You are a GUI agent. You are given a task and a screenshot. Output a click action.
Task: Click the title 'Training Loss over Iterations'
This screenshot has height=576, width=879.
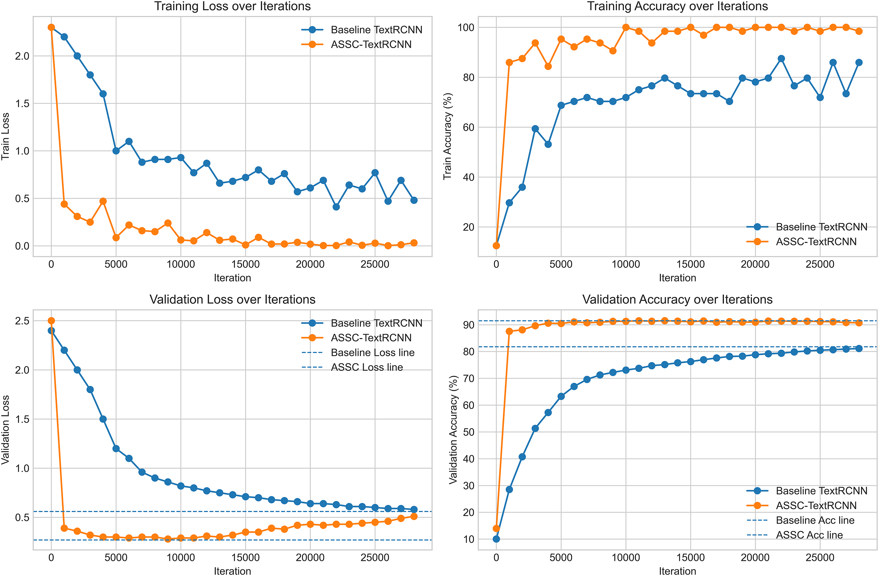pyautogui.click(x=232, y=6)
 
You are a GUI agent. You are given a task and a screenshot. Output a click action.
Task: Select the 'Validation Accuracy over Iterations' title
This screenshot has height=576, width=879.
pyautogui.click(x=677, y=299)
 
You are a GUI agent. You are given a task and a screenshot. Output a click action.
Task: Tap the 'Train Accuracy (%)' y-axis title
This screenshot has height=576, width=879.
pyautogui.click(x=447, y=136)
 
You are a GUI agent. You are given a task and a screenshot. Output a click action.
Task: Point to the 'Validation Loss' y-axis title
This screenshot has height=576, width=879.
pyautogui.click(x=5, y=430)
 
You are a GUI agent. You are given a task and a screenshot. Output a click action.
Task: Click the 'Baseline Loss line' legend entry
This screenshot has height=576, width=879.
pyautogui.click(x=372, y=352)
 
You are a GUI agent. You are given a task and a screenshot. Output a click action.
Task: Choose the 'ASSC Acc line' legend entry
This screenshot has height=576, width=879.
pyautogui.click(x=809, y=535)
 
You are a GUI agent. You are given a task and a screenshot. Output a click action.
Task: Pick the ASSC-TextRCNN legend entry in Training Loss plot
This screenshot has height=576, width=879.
pyautogui.click(x=371, y=44)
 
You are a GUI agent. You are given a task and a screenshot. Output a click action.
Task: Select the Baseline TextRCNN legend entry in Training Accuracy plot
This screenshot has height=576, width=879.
pyautogui.click(x=821, y=227)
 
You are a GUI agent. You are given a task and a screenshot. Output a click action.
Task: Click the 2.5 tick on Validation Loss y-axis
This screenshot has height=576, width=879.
pyautogui.click(x=22, y=321)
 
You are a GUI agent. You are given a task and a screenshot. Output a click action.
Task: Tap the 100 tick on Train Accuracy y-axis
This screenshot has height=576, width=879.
pyautogui.click(x=466, y=27)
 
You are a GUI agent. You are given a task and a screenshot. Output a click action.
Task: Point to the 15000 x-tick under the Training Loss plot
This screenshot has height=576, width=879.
pyautogui.click(x=245, y=264)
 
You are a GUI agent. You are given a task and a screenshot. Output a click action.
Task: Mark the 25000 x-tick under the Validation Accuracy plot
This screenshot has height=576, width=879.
pyautogui.click(x=820, y=557)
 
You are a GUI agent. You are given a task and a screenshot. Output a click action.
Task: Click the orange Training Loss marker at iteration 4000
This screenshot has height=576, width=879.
pyautogui.click(x=103, y=201)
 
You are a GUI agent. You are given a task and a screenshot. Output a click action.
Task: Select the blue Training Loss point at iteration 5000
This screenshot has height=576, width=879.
pyautogui.click(x=116, y=151)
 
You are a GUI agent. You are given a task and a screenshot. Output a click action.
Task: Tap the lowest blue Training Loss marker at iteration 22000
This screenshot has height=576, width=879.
pyautogui.click(x=336, y=207)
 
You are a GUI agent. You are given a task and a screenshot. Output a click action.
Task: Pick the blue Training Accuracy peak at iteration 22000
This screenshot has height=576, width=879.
pyautogui.click(x=781, y=59)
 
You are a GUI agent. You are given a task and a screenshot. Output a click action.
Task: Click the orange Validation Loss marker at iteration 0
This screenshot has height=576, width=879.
pyautogui.click(x=51, y=321)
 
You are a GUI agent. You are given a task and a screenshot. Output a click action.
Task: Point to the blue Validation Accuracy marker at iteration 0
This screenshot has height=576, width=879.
pyautogui.click(x=496, y=539)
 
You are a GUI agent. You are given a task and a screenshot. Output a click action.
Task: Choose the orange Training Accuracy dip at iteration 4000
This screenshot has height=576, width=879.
pyautogui.click(x=548, y=66)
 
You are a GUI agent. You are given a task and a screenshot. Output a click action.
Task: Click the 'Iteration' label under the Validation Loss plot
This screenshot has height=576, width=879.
pyautogui.click(x=232, y=571)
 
